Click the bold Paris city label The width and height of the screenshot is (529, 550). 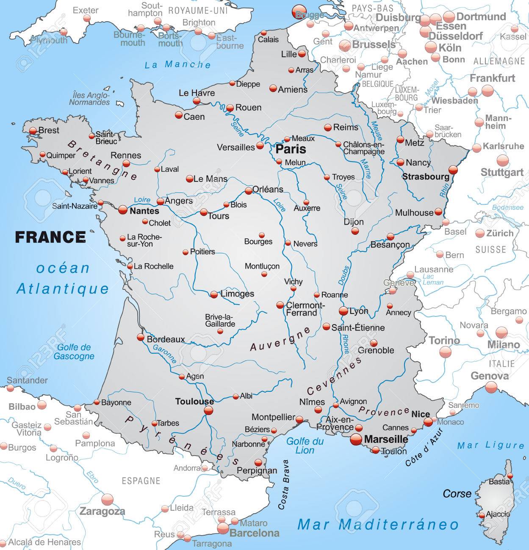click(x=291, y=149)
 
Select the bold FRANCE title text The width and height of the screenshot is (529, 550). click(x=50, y=237)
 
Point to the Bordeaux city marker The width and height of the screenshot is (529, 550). click(x=141, y=337)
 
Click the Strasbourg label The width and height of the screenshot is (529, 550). click(x=425, y=176)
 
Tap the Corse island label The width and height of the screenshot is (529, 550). click(x=457, y=493)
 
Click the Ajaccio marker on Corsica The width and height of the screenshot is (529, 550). click(x=482, y=515)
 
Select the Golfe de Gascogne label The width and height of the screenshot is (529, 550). click(x=74, y=352)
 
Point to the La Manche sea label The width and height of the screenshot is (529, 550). click(x=177, y=65)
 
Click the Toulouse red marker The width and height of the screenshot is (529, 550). click(x=208, y=410)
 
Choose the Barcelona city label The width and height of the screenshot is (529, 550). click(x=254, y=533)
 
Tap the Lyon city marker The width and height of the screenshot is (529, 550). click(x=343, y=311)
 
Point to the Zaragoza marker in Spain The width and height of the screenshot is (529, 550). click(x=108, y=500)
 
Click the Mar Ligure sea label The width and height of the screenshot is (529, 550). click(x=490, y=445)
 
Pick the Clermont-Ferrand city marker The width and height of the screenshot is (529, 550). click(x=280, y=305)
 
